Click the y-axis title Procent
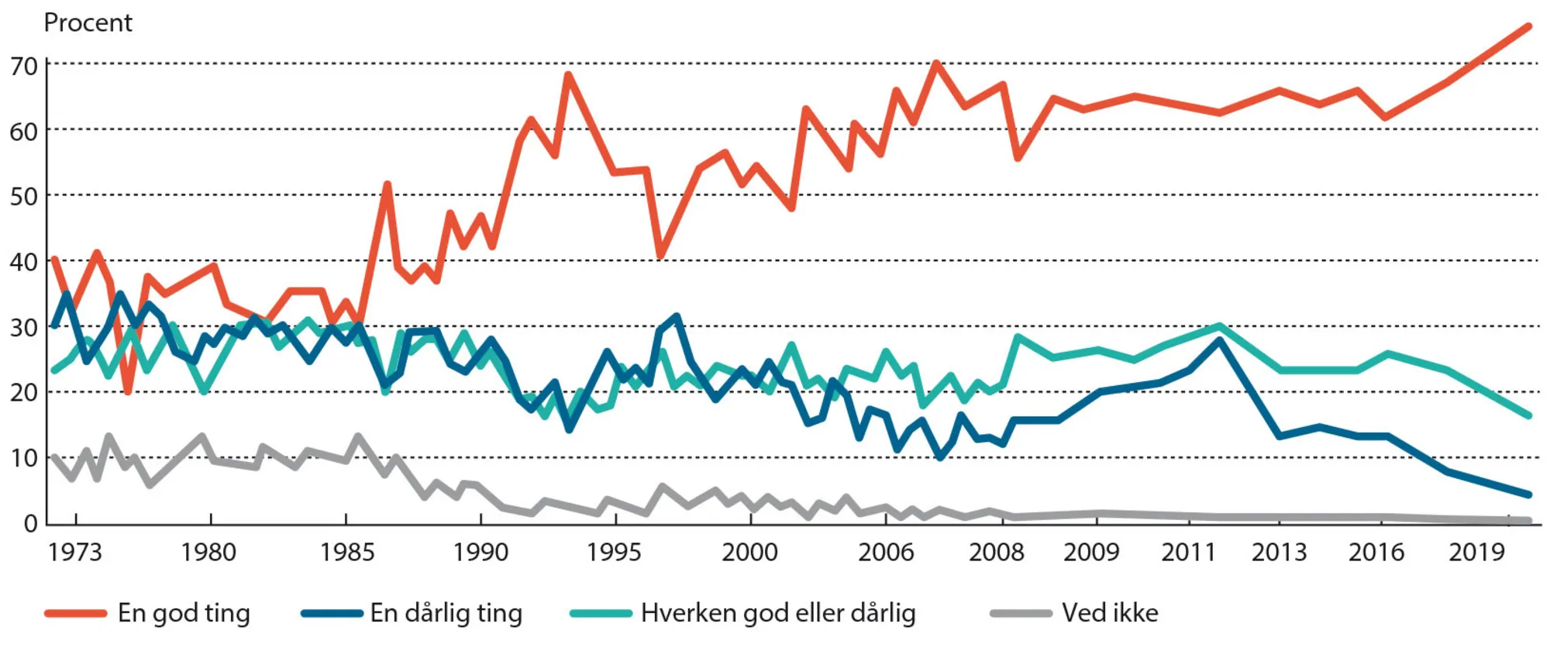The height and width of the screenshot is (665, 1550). pyautogui.click(x=88, y=22)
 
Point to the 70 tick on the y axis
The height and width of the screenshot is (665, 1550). pyautogui.click(x=23, y=67)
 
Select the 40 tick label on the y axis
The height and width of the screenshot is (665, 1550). pyautogui.click(x=23, y=262)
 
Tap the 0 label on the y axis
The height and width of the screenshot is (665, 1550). pyautogui.click(x=30, y=524)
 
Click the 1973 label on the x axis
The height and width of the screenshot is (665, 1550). pyautogui.click(x=74, y=552)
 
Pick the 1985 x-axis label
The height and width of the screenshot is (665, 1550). pyautogui.click(x=347, y=552)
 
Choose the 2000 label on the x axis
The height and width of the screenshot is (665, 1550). pyautogui.click(x=749, y=552)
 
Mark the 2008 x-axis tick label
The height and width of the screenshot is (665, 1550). pyautogui.click(x=996, y=552)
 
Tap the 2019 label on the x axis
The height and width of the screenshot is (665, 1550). pyautogui.click(x=1476, y=552)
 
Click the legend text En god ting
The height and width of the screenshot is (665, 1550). pyautogui.click(x=184, y=613)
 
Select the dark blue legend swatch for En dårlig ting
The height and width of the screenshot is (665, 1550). pyautogui.click(x=332, y=613)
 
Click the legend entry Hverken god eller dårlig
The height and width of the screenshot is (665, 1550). pyautogui.click(x=778, y=613)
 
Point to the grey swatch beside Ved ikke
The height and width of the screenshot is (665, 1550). pyautogui.click(x=1021, y=613)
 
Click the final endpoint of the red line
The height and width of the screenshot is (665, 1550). pyautogui.click(x=1528, y=26)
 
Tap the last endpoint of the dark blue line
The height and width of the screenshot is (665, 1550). pyautogui.click(x=1528, y=494)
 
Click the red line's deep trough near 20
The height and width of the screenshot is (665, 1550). pyautogui.click(x=128, y=391)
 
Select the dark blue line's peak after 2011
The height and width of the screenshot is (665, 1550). pyautogui.click(x=1220, y=339)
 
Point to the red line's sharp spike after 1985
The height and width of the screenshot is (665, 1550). pyautogui.click(x=387, y=184)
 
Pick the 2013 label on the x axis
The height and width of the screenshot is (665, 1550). pyautogui.click(x=1279, y=552)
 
